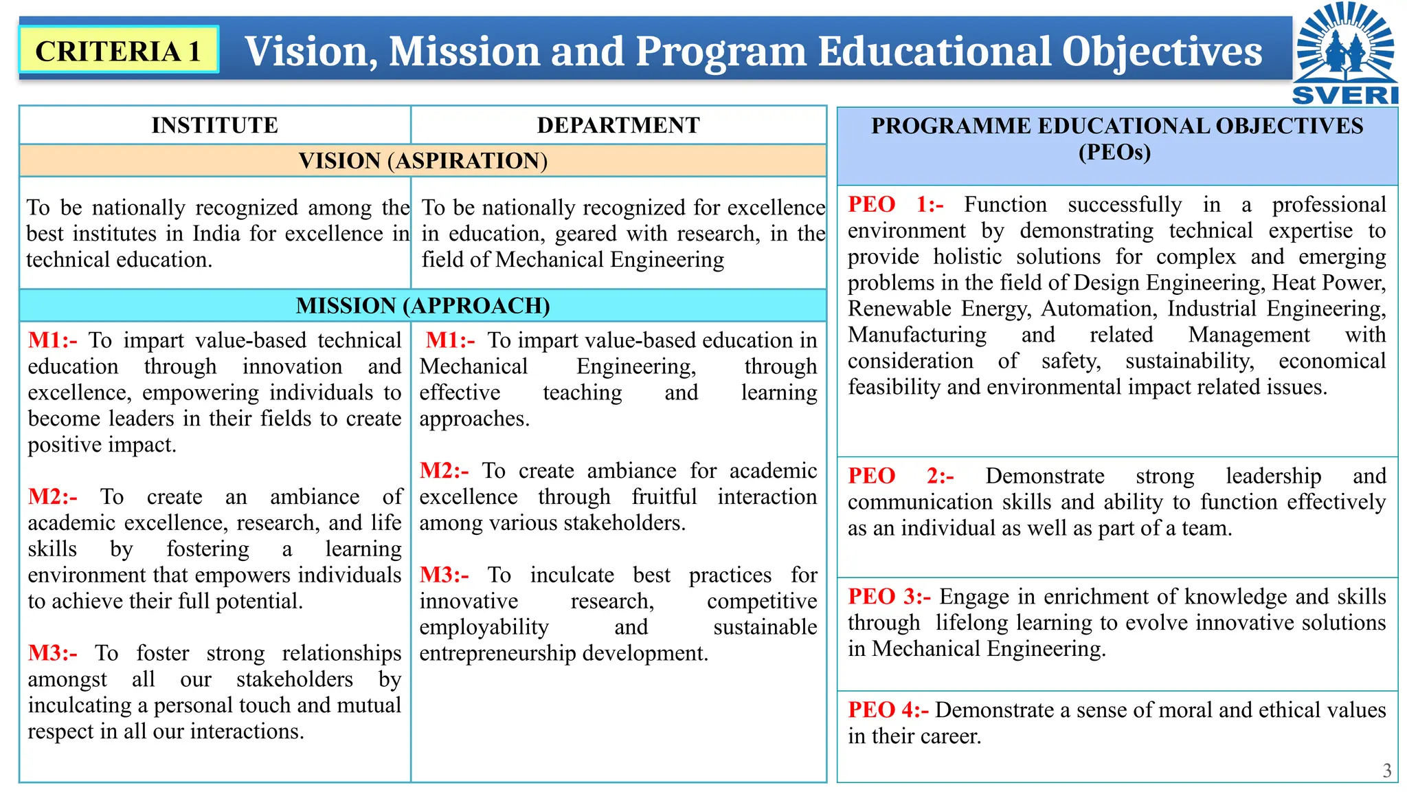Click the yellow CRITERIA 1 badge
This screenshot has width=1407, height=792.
click(119, 50)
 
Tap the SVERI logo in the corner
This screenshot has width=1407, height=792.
click(1344, 54)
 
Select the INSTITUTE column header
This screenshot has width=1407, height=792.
click(214, 125)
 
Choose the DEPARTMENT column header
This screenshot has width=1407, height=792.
click(618, 125)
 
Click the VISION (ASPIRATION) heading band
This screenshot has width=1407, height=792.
click(423, 161)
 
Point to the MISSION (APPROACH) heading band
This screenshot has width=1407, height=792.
click(423, 305)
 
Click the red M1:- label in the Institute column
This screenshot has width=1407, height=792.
click(52, 340)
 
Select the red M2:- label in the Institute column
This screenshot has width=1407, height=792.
click(52, 496)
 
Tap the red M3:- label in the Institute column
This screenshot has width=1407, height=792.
click(52, 652)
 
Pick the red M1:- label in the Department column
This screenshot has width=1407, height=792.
click(450, 340)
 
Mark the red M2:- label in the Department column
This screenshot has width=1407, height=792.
click(444, 471)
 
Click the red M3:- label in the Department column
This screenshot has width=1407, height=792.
click(444, 575)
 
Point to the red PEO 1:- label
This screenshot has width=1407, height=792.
click(896, 204)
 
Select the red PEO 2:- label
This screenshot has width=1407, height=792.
click(901, 476)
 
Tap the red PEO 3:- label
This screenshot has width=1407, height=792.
click(890, 596)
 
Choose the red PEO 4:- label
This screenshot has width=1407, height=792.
click(888, 709)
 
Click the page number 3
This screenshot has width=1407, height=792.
click(1387, 771)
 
